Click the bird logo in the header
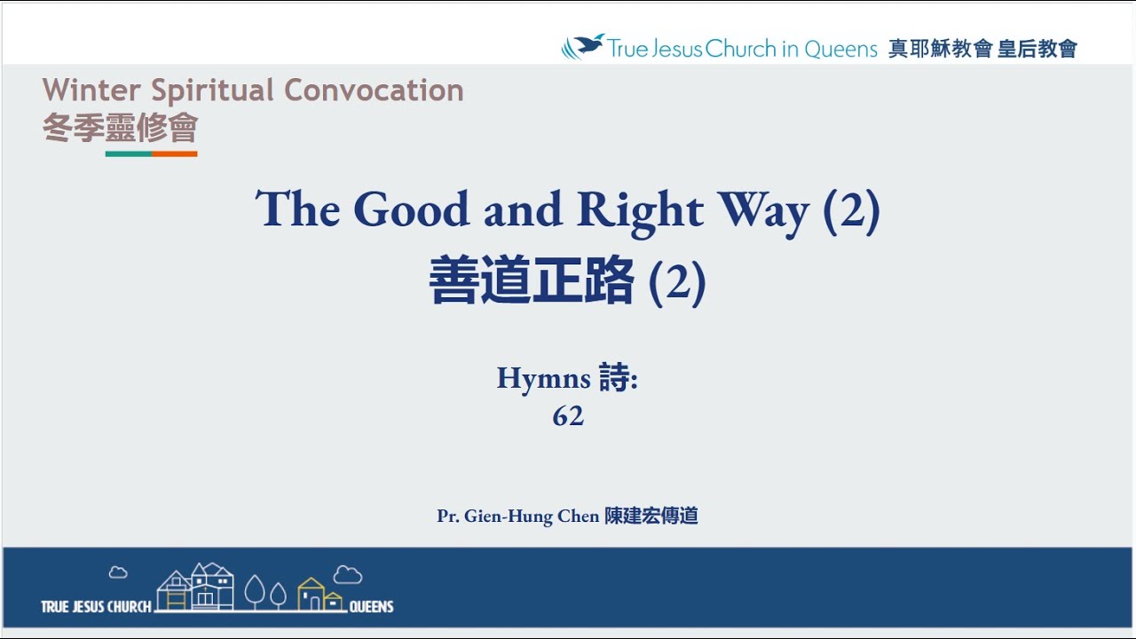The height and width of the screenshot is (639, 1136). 582,46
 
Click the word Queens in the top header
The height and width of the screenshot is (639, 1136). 840,49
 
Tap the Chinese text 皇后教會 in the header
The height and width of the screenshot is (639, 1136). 1037,49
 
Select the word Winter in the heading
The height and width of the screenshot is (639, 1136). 91,91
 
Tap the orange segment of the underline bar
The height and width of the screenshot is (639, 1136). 174,154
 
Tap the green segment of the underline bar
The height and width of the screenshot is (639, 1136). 129,154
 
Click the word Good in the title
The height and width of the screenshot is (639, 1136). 412,209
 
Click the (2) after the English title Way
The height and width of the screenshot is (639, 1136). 851,211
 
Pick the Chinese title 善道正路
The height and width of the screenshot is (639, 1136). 532,281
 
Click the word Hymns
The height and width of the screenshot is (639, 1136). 543,378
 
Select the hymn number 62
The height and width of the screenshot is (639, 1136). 568,415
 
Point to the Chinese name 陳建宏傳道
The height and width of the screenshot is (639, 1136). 651,516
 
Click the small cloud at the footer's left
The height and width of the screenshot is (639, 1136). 118,572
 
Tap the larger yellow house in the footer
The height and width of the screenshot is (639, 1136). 310,594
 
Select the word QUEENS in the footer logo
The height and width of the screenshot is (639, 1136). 371,607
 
